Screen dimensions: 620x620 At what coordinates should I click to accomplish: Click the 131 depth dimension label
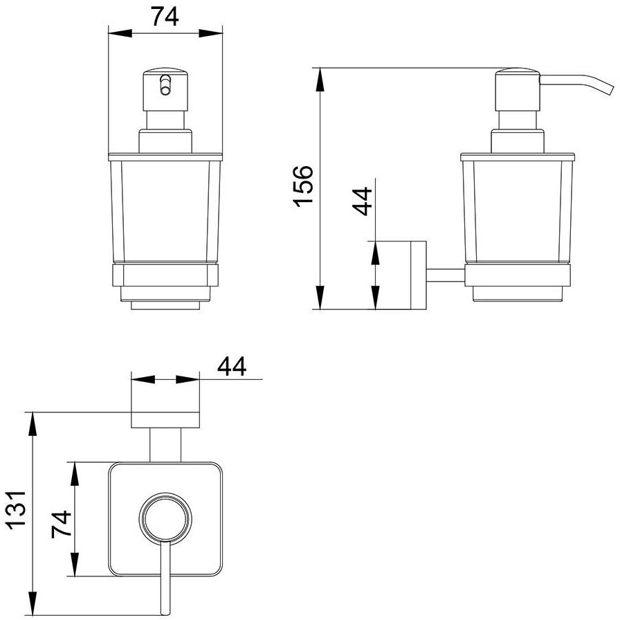(16, 508)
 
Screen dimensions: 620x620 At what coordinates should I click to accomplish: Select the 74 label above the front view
(165, 17)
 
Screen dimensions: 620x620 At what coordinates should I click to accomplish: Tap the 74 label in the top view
(62, 525)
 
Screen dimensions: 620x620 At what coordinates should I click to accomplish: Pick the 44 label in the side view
(363, 201)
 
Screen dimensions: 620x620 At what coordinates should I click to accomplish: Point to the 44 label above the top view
(232, 366)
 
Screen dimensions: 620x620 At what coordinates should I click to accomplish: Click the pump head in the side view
(518, 90)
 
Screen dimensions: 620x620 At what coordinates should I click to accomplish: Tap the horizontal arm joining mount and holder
(446, 275)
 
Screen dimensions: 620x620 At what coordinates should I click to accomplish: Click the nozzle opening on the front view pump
(165, 91)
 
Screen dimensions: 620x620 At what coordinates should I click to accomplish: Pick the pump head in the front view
(165, 90)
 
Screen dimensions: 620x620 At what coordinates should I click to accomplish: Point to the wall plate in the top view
(165, 420)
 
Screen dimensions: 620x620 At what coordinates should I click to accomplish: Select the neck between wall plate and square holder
(165, 445)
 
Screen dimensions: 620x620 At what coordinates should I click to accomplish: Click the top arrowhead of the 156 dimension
(320, 80)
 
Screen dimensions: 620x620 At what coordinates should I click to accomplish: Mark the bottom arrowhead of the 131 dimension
(33, 603)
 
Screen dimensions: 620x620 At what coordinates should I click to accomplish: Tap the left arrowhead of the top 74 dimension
(120, 33)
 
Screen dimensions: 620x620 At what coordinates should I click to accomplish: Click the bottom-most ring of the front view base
(165, 306)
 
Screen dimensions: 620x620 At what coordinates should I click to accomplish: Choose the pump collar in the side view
(518, 140)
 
